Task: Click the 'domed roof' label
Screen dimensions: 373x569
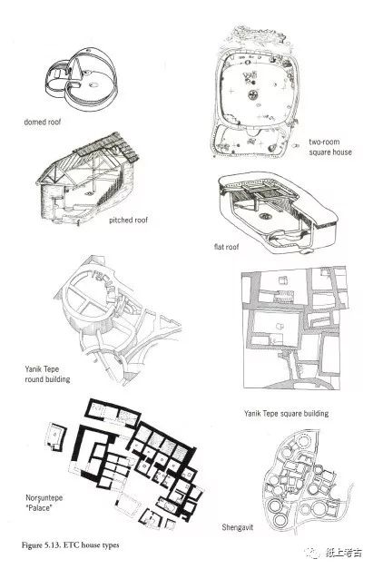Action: coord(43,123)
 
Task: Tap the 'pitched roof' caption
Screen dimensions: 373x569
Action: coord(129,221)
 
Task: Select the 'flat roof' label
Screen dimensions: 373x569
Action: coord(226,247)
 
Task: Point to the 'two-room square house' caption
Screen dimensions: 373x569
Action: coord(330,147)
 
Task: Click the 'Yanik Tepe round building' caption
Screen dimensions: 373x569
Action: coord(47,374)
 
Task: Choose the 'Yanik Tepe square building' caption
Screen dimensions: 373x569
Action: coord(286,413)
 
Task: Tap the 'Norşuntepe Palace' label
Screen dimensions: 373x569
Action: coord(44,503)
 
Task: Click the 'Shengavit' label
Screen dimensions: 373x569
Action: coord(237,527)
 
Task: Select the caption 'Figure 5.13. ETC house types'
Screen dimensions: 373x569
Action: coord(70,545)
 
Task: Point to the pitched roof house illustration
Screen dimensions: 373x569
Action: coord(87,179)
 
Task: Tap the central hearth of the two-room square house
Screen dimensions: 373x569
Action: coord(252,95)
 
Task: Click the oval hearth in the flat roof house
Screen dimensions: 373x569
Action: coord(266,216)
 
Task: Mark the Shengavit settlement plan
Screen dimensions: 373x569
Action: coord(308,481)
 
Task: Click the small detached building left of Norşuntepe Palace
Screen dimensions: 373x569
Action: coord(55,437)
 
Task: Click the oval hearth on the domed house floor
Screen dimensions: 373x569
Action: coord(93,85)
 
